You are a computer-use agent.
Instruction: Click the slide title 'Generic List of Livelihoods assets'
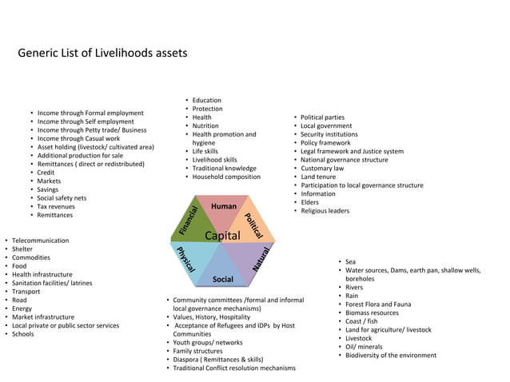point(102,54)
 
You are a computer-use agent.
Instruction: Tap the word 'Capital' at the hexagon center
point(223,237)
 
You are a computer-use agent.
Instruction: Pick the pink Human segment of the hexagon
point(223,209)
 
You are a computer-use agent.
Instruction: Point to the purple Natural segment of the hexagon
point(256,257)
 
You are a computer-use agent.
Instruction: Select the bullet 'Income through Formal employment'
point(90,113)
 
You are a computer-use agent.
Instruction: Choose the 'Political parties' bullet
point(322,117)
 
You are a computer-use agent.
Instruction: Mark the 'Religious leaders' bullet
point(325,211)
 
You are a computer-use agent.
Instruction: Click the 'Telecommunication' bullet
point(42,241)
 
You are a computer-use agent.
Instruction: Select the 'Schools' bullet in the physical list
point(24,334)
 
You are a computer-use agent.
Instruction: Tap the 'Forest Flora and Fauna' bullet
point(378,304)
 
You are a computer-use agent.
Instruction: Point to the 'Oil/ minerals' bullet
point(364,347)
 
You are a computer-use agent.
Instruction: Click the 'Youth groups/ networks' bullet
point(208,343)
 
